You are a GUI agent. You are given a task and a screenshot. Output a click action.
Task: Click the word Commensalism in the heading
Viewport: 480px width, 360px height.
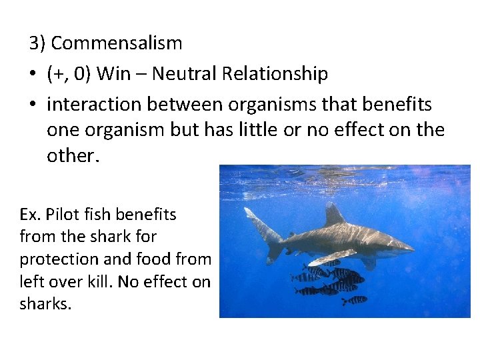pyautogui.click(x=117, y=43)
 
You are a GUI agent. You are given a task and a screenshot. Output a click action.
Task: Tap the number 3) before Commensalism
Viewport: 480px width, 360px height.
pyautogui.click(x=38, y=43)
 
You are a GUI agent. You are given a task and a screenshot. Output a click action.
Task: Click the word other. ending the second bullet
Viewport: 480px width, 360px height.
pyautogui.click(x=72, y=155)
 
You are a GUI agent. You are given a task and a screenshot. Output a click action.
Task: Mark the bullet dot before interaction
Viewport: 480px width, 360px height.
pyautogui.click(x=34, y=105)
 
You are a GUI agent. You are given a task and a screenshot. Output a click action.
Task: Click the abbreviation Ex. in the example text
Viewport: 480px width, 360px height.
pyautogui.click(x=30, y=215)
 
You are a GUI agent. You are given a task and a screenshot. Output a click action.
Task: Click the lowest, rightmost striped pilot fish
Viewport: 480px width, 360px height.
pyautogui.click(x=354, y=301)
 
